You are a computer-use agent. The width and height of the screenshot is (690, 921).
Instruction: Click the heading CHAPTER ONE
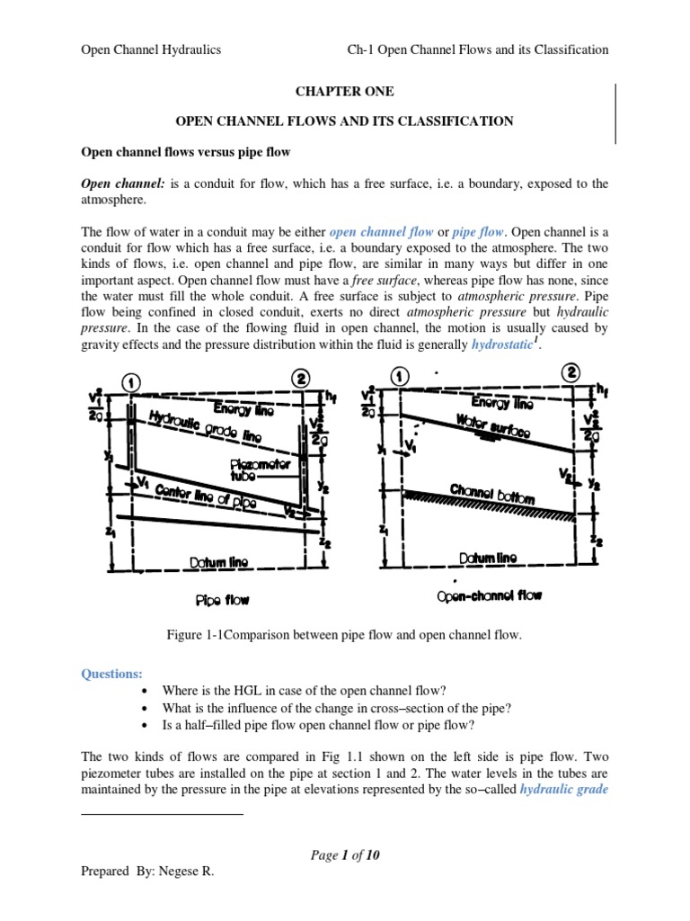coord(344,92)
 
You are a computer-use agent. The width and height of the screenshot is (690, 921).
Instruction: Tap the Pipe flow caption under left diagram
coord(222,598)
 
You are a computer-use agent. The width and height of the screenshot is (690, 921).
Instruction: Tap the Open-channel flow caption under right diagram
coord(489,595)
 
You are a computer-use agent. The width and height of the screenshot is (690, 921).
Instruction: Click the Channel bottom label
coord(491,494)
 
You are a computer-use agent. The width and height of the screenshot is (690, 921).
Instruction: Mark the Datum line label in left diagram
coord(218,562)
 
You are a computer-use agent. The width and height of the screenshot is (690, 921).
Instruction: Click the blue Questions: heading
coord(112,673)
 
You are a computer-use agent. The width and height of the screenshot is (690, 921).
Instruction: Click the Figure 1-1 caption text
coord(344,636)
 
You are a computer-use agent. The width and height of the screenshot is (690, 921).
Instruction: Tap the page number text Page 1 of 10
coord(345,855)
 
